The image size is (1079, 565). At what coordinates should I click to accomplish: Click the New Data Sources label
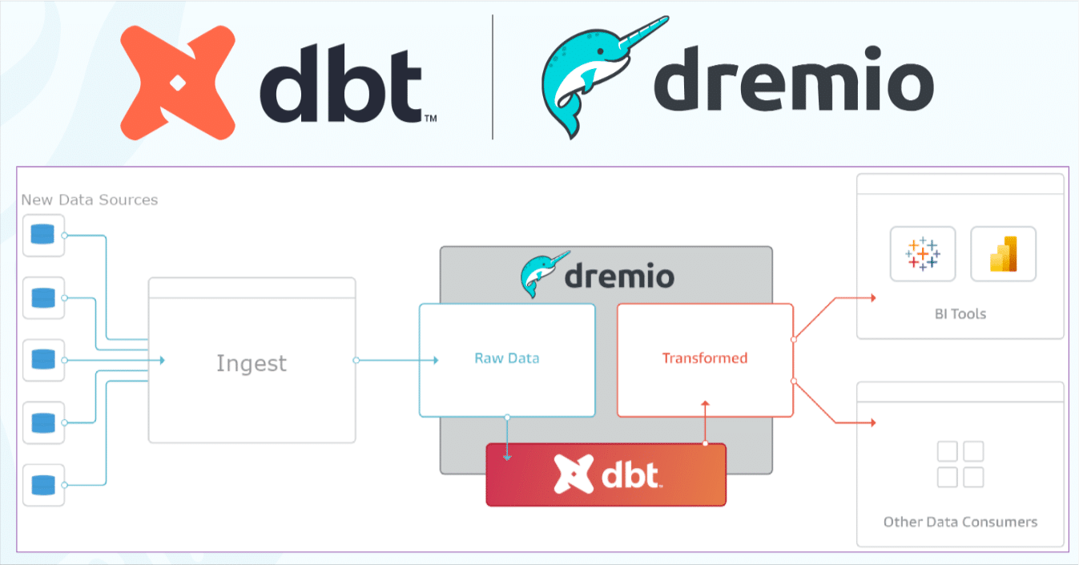(89, 200)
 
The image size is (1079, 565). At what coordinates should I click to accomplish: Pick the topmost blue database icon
(42, 235)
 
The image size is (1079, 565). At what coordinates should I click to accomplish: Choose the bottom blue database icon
(42, 485)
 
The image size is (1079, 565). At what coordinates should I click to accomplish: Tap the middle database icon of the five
(42, 360)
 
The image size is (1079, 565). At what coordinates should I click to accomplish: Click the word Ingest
(251, 363)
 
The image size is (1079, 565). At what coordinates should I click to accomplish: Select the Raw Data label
(506, 358)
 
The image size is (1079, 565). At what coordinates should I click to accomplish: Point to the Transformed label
(704, 358)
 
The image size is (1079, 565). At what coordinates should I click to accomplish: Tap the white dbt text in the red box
(630, 474)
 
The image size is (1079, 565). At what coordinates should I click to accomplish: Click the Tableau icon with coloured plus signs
(923, 253)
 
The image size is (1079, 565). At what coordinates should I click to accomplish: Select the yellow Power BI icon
(1003, 253)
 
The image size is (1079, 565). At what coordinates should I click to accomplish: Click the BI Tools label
(960, 313)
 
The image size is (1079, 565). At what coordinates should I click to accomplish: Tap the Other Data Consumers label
(960, 522)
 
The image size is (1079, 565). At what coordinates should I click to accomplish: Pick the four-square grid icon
(960, 463)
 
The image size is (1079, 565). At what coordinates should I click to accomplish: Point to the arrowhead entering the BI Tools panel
(872, 297)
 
